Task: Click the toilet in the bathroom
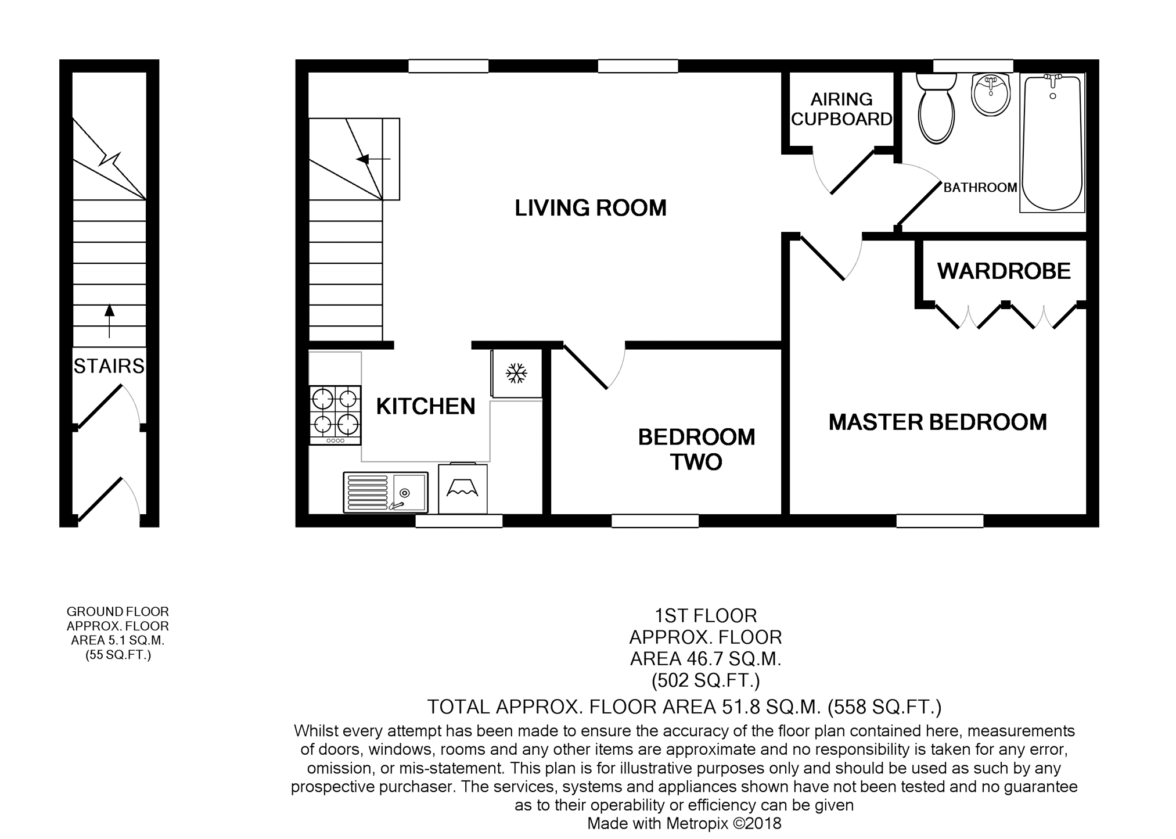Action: (936, 108)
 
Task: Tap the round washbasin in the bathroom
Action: (991, 94)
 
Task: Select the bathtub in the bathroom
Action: (1052, 142)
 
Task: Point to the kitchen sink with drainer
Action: (386, 492)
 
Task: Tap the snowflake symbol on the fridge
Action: (516, 374)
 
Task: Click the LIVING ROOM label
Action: (591, 208)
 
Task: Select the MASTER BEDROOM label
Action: (937, 422)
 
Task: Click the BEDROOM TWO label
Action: (696, 449)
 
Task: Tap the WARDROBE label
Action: (1004, 271)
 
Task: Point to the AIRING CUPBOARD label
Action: (841, 109)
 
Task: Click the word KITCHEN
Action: (426, 406)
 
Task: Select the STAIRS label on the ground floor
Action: (109, 366)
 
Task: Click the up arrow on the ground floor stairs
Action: (109, 321)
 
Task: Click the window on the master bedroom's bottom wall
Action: (940, 521)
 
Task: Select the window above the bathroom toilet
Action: (973, 66)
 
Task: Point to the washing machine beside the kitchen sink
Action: (462, 488)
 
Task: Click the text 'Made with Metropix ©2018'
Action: (684, 823)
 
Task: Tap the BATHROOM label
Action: (980, 188)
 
